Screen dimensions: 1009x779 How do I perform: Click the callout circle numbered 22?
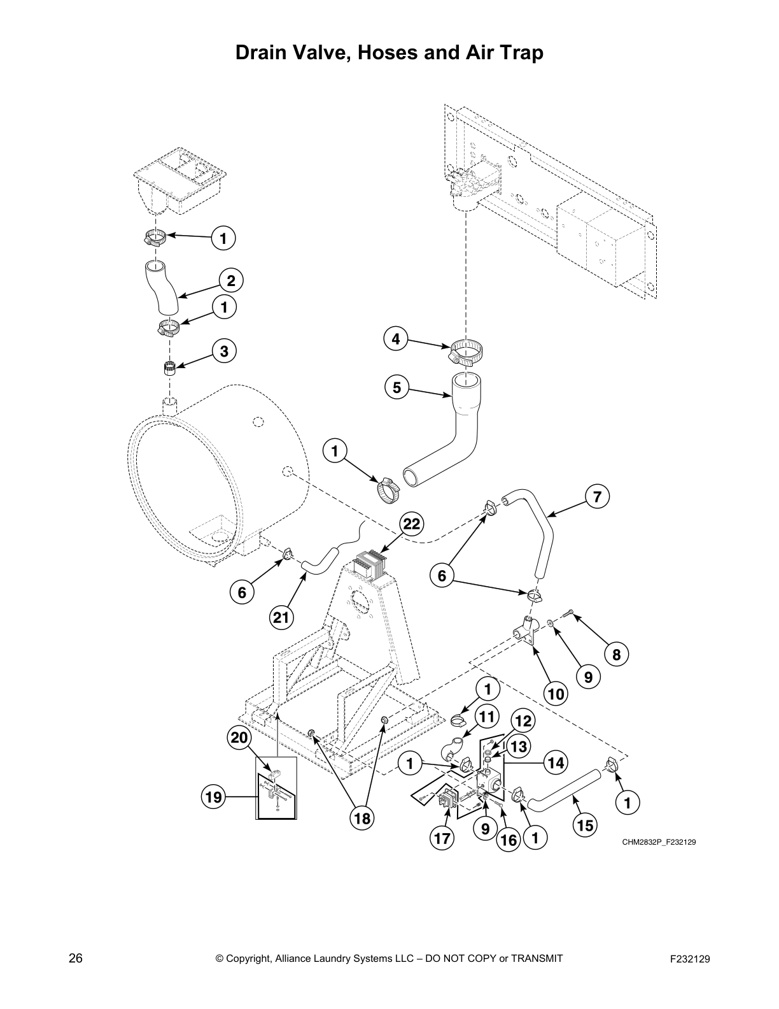click(x=412, y=524)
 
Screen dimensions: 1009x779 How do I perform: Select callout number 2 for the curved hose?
click(x=231, y=280)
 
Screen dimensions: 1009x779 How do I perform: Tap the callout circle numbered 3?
click(x=224, y=350)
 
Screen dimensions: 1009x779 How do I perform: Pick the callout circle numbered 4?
click(x=396, y=339)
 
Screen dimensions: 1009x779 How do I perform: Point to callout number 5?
click(x=397, y=387)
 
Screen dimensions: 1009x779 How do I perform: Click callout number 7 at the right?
click(x=597, y=497)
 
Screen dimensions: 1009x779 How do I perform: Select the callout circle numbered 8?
click(x=616, y=654)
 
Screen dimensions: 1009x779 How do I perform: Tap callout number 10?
click(x=556, y=693)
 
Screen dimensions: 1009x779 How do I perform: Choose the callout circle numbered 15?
click(x=584, y=826)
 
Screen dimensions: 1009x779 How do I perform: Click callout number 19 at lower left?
click(x=215, y=796)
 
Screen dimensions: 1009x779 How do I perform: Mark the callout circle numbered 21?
click(x=280, y=617)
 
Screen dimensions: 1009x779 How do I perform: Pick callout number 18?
click(x=361, y=818)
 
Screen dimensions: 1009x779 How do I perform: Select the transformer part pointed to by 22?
click(x=370, y=566)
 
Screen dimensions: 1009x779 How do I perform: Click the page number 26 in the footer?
click(x=76, y=958)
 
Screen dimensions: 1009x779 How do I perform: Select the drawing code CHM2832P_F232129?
click(x=659, y=842)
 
